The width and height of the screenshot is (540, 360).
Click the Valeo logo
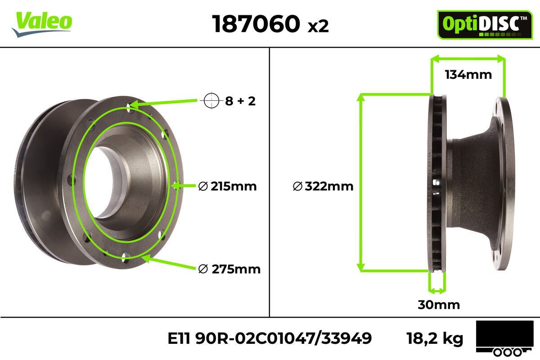42,24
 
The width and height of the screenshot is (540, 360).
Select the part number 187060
256,24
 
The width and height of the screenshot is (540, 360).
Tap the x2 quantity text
318,26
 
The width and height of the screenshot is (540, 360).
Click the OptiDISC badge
485,25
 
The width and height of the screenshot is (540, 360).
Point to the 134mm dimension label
468,75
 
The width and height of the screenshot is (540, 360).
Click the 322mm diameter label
323,186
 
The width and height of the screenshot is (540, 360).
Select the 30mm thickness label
439,305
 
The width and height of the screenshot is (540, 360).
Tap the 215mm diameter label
227,186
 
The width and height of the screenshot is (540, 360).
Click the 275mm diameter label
229,269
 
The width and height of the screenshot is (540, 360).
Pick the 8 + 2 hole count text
240,101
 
